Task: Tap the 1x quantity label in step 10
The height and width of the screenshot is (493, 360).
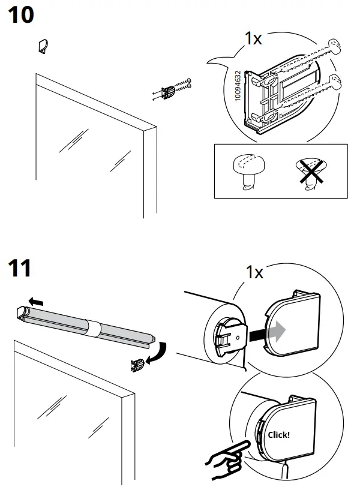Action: coord(254,39)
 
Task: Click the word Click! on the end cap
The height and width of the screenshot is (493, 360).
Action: coord(278,434)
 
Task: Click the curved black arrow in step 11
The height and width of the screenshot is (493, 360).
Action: coord(158,353)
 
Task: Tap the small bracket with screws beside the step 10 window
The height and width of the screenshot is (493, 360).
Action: coord(171,90)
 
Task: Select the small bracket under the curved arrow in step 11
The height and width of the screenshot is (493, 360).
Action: coord(137,363)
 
